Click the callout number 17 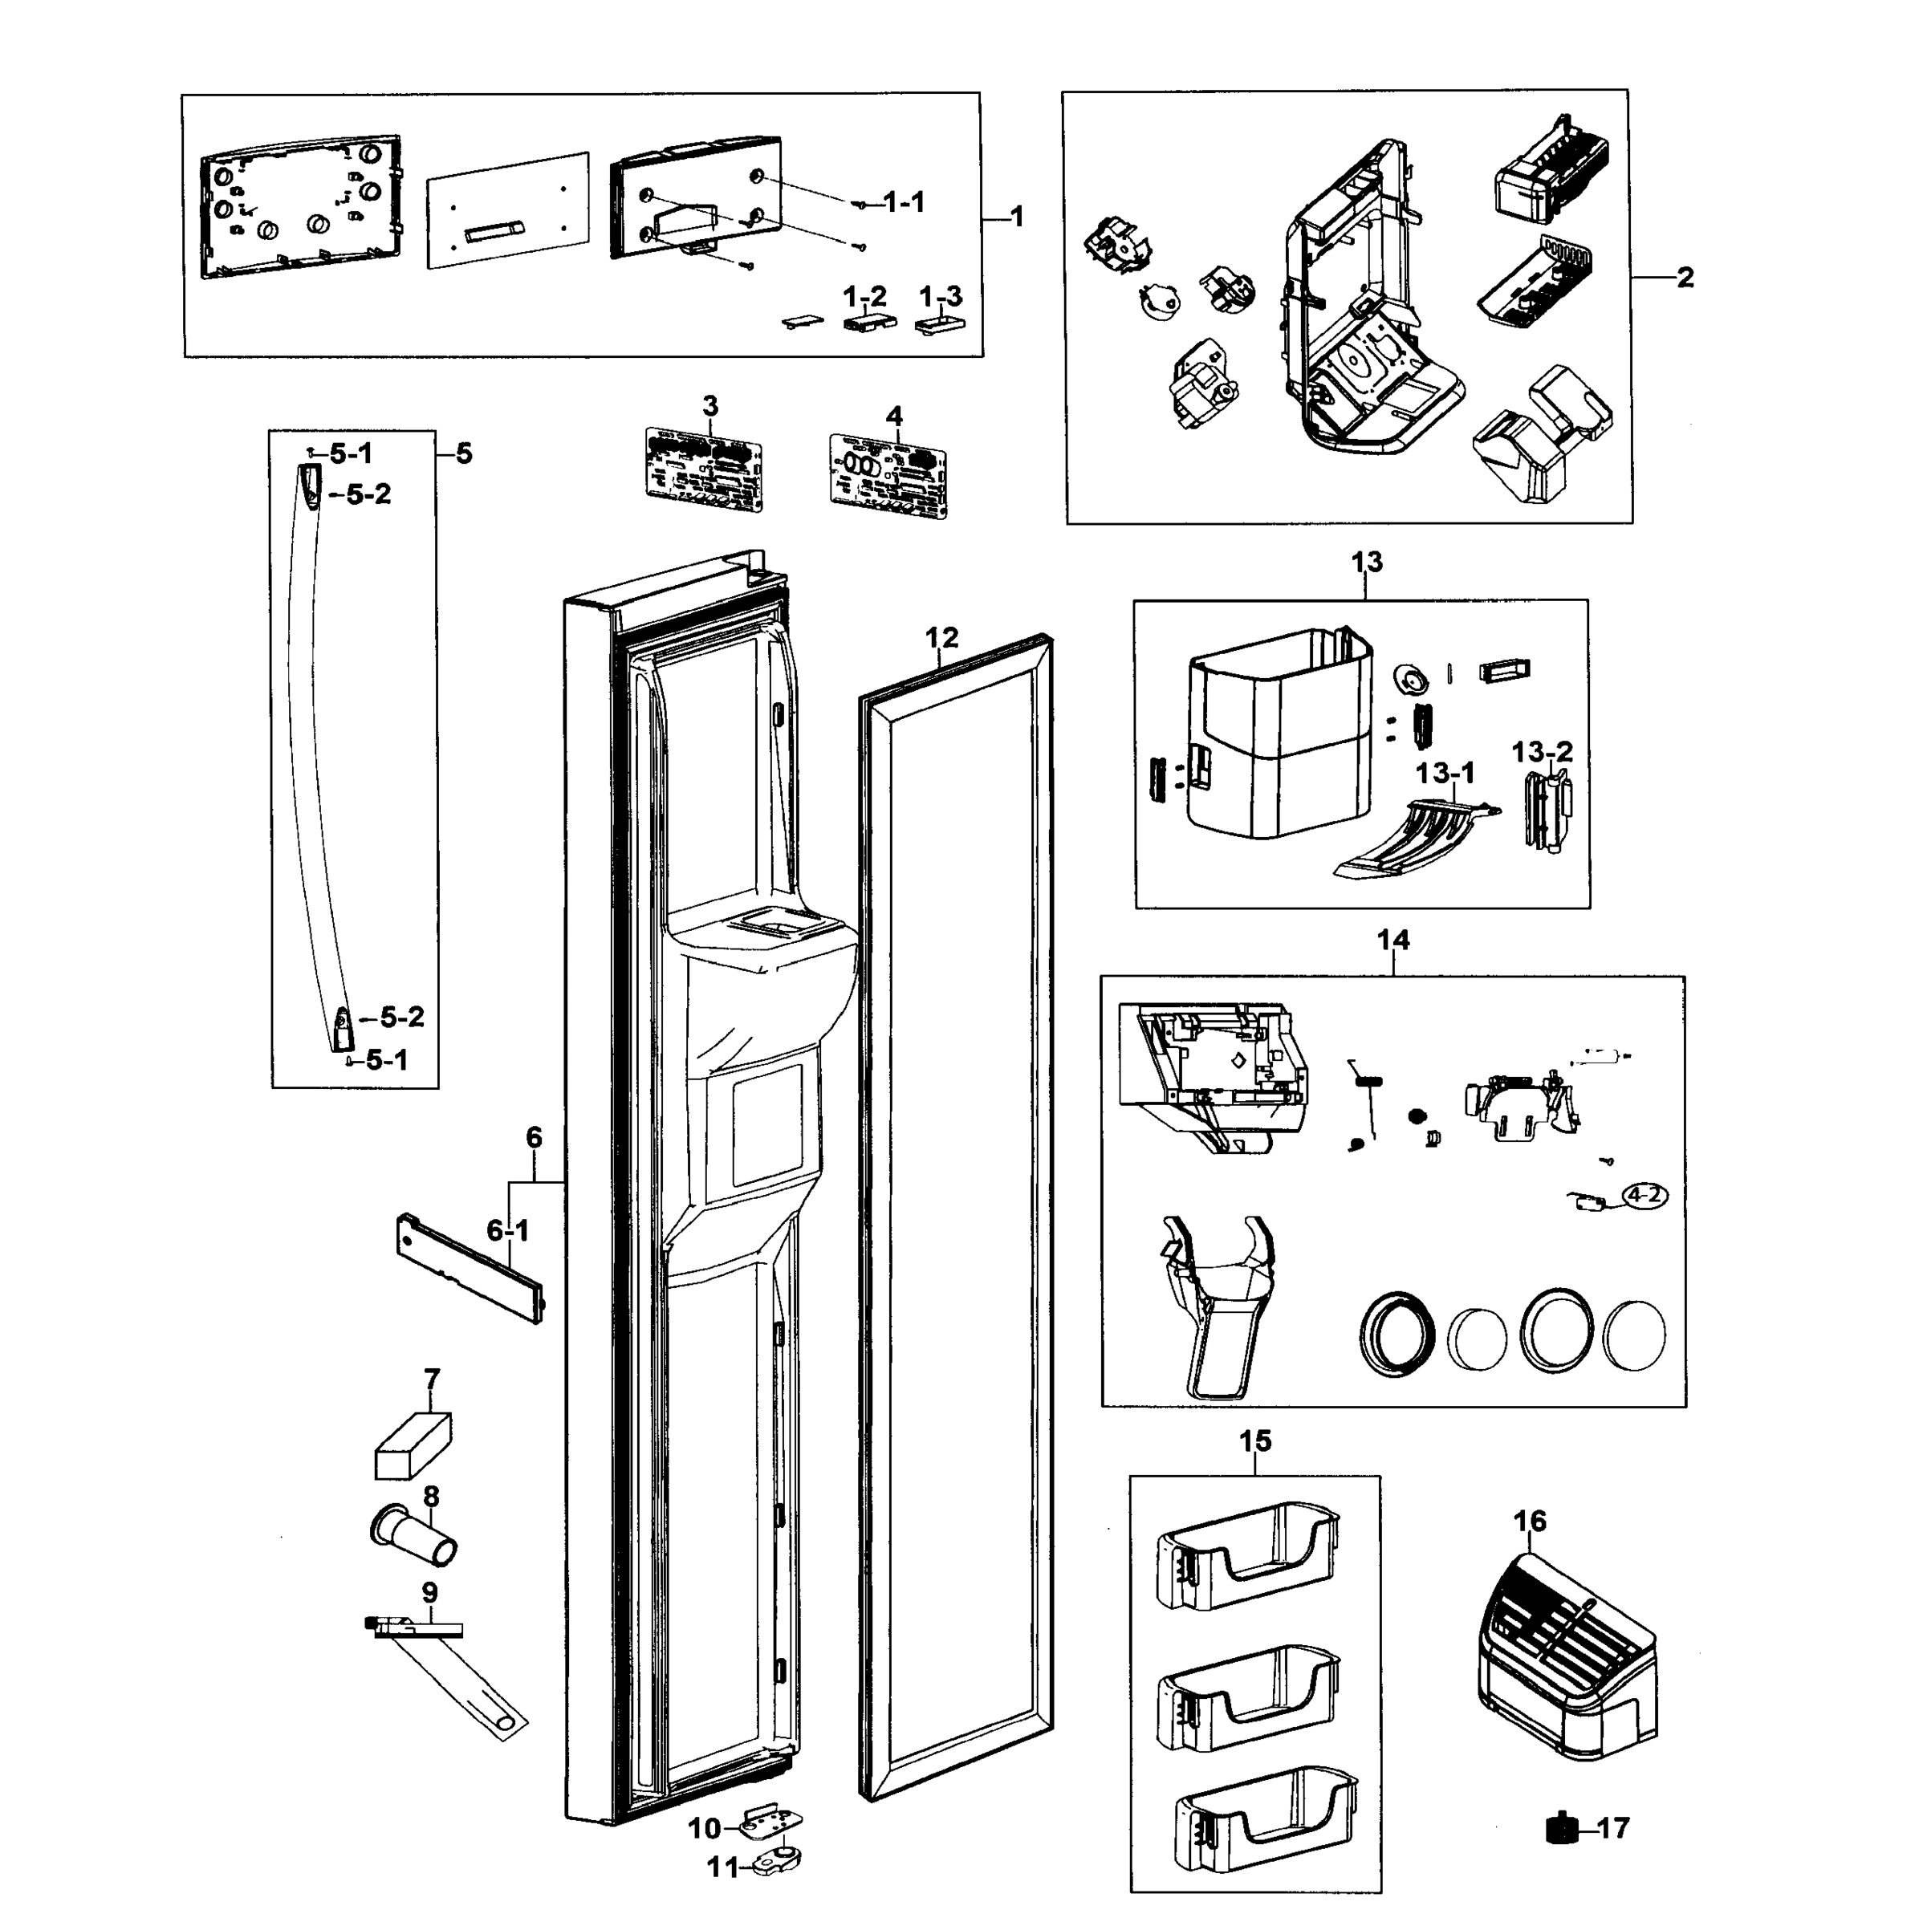(1613, 1828)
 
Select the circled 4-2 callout (1644, 1194)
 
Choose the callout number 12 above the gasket (941, 637)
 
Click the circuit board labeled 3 (704, 469)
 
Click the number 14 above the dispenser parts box (1392, 940)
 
